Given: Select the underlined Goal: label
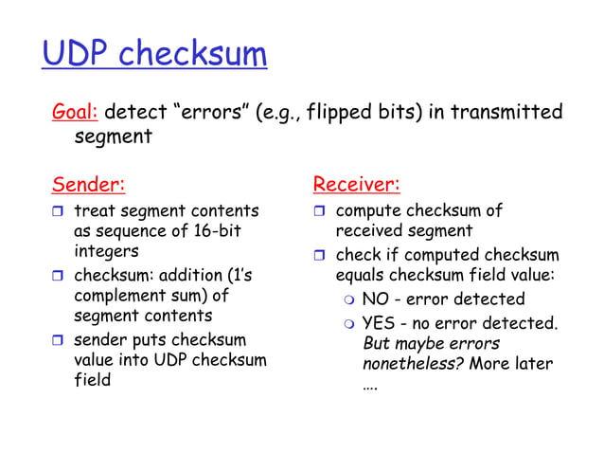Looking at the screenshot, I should [x=75, y=114].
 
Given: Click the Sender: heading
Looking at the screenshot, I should [x=88, y=183].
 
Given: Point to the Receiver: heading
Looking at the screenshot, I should [x=356, y=183].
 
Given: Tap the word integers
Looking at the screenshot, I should [x=106, y=252].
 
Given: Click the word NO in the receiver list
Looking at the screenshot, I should [x=376, y=299].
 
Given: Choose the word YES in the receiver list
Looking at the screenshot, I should [x=380, y=323].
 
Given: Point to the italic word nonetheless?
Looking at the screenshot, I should [x=414, y=365].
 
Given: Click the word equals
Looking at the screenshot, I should [x=361, y=276].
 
